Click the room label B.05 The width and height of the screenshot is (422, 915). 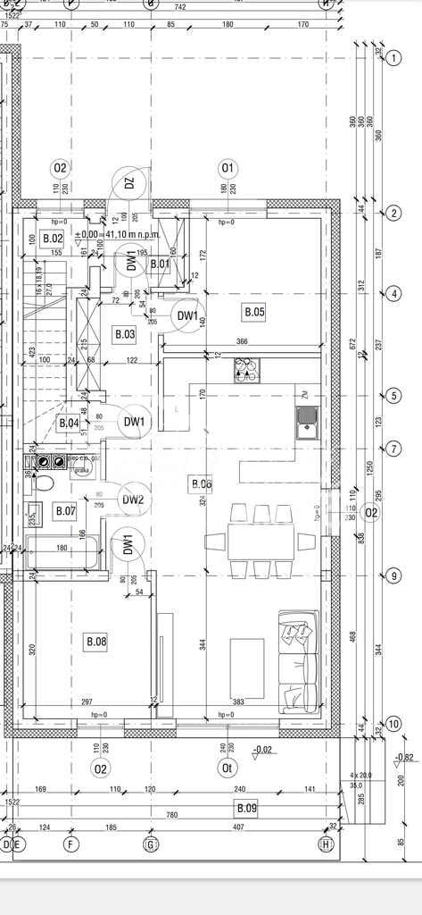254,312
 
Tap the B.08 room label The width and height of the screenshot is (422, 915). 95,642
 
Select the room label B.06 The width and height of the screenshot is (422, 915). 202,484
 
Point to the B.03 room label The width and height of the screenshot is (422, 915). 124,334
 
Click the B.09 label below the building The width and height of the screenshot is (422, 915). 245,809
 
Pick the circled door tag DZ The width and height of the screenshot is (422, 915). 129,184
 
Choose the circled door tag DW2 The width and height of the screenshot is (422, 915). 133,499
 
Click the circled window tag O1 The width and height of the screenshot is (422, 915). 228,168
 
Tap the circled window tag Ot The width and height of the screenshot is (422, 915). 228,768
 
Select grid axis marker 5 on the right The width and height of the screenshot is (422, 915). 393,396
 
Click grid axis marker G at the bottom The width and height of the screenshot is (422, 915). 151,844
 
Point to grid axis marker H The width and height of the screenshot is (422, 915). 327,844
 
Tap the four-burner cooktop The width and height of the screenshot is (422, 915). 245,369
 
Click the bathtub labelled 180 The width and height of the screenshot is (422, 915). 62,554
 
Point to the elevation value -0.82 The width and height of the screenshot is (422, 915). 404,757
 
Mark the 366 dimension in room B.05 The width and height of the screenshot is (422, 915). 242,340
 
